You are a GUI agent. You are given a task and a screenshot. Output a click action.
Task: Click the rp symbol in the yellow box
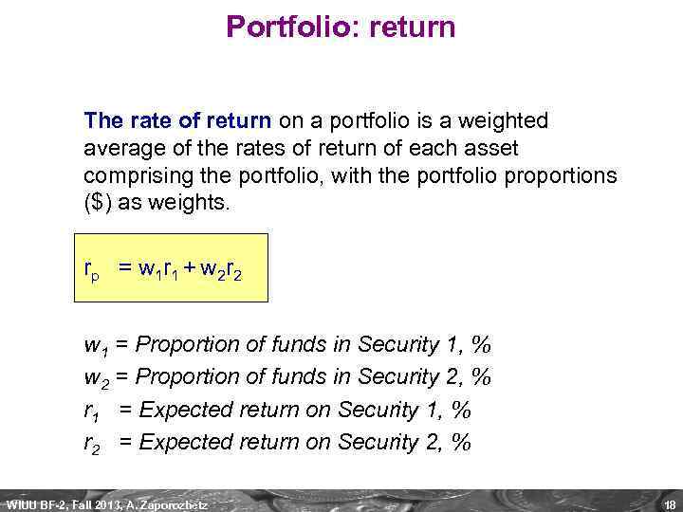[92, 273]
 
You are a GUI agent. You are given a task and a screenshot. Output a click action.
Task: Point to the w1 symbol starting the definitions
[95, 344]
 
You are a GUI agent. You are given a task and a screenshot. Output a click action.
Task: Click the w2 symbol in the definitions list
[95, 377]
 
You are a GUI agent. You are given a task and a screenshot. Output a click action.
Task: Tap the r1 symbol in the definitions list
[91, 411]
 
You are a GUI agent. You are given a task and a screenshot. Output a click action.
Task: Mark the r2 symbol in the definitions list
[91, 443]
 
